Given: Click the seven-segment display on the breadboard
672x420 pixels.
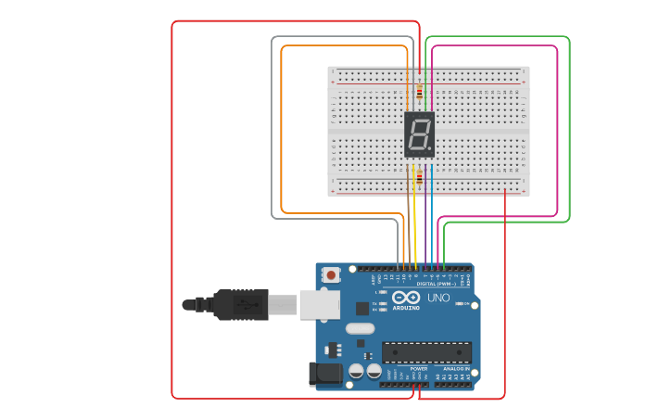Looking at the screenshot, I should tap(419, 134).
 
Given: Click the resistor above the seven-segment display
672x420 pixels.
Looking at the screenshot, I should tap(419, 92).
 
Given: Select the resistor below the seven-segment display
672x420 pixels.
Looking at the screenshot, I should tap(419, 178).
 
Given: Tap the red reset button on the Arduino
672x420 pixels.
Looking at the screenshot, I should tap(331, 274).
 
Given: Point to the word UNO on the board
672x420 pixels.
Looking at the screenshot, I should tap(437, 299).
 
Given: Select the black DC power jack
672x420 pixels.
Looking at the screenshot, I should tap(324, 374).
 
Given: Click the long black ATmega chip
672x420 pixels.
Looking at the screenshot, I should tap(426, 352).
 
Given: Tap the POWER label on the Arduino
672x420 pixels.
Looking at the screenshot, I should tap(419, 369).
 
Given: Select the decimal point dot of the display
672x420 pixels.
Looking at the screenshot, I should tap(430, 151).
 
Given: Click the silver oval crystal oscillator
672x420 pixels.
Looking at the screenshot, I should tap(360, 328).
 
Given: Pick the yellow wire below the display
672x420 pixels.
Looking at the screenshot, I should tap(414, 213).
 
